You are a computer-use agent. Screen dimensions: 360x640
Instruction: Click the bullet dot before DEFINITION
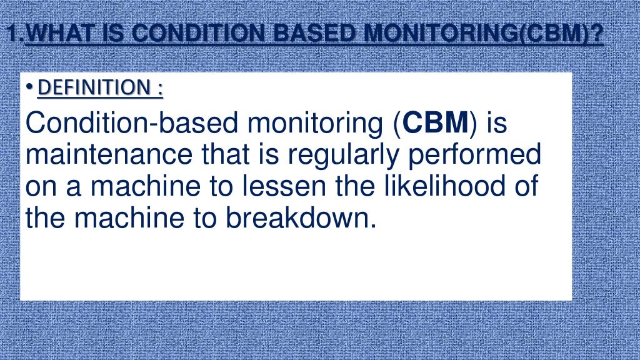[x=31, y=89]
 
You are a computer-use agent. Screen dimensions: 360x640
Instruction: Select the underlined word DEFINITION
[x=94, y=89]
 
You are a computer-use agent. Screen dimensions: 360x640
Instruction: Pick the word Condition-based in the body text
[x=132, y=124]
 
